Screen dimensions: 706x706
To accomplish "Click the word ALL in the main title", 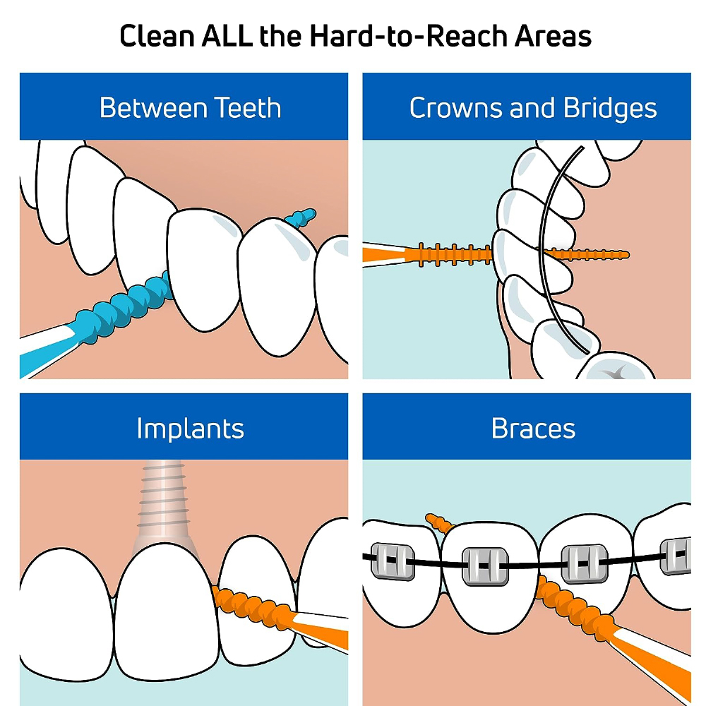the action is (227, 36).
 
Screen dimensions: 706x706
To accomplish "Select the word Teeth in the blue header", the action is (247, 108).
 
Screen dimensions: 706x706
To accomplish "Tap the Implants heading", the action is (190, 429).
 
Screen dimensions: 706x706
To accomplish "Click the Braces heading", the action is (533, 429).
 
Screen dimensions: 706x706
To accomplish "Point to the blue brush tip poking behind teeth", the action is (300, 217).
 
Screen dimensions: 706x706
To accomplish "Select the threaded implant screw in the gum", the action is (164, 501).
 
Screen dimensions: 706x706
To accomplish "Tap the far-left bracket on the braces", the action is (393, 561).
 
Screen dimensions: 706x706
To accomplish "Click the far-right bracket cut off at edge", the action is (676, 556).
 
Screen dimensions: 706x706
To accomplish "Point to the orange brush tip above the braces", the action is (439, 523).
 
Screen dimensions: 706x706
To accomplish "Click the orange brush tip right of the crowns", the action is (585, 255).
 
